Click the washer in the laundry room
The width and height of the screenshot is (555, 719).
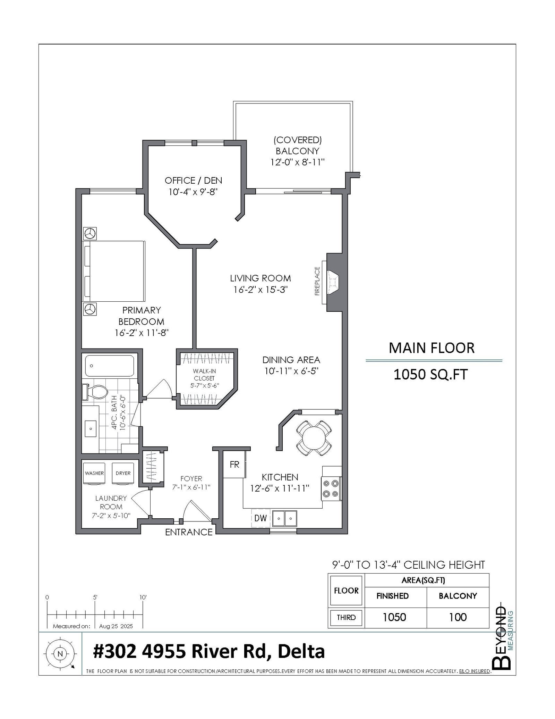click(x=94, y=473)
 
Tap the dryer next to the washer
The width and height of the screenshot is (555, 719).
click(x=123, y=473)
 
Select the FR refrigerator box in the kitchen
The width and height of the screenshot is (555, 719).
click(x=234, y=465)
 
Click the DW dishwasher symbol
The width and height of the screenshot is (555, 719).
click(x=261, y=518)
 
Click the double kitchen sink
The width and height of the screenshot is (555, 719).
click(x=284, y=519)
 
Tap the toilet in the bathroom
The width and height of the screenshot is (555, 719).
click(x=94, y=392)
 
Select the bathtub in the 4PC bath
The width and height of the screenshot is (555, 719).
click(x=110, y=366)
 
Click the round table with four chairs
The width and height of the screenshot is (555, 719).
click(x=313, y=438)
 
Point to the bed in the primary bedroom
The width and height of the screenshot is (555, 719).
click(x=114, y=271)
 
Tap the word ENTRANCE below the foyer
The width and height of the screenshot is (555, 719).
click(x=189, y=532)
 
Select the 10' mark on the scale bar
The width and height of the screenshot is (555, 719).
click(x=143, y=597)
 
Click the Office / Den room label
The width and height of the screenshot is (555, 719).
click(x=193, y=181)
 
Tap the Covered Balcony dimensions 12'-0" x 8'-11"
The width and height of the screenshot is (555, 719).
click(x=298, y=162)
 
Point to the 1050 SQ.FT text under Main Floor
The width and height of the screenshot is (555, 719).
click(x=430, y=375)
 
